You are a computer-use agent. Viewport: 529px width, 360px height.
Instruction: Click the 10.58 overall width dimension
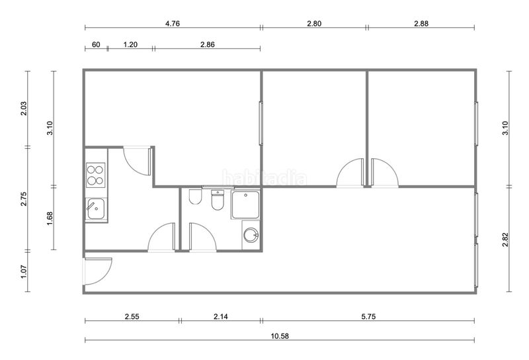280,336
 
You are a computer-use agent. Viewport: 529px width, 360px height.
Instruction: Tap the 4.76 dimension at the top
173,24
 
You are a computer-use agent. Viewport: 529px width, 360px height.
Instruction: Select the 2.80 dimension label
314,24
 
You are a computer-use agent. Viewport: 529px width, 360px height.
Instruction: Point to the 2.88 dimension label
421,24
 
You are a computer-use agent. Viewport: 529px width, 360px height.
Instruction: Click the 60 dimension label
96,44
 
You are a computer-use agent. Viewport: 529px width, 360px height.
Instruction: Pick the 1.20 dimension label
130,44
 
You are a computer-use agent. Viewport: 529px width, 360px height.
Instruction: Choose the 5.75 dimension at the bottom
368,317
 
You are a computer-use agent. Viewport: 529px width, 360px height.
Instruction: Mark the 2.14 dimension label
221,317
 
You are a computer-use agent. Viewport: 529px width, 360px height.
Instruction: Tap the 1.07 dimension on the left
24,271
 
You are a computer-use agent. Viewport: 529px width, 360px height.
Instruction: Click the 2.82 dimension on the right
505,240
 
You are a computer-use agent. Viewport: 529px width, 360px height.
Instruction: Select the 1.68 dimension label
50,218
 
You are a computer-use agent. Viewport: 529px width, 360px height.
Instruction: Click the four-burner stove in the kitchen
95,175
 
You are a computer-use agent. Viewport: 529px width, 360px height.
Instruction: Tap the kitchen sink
96,209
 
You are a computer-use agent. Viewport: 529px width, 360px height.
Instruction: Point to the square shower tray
245,204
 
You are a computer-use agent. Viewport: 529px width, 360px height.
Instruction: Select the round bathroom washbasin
251,235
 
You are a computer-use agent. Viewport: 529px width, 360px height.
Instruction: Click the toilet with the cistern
218,201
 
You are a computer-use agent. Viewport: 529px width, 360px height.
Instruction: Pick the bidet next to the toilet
195,197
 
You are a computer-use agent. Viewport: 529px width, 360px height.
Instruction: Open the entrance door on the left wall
98,271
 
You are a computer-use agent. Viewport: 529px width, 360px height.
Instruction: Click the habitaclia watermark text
265,177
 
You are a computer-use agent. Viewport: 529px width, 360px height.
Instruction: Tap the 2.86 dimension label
208,44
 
